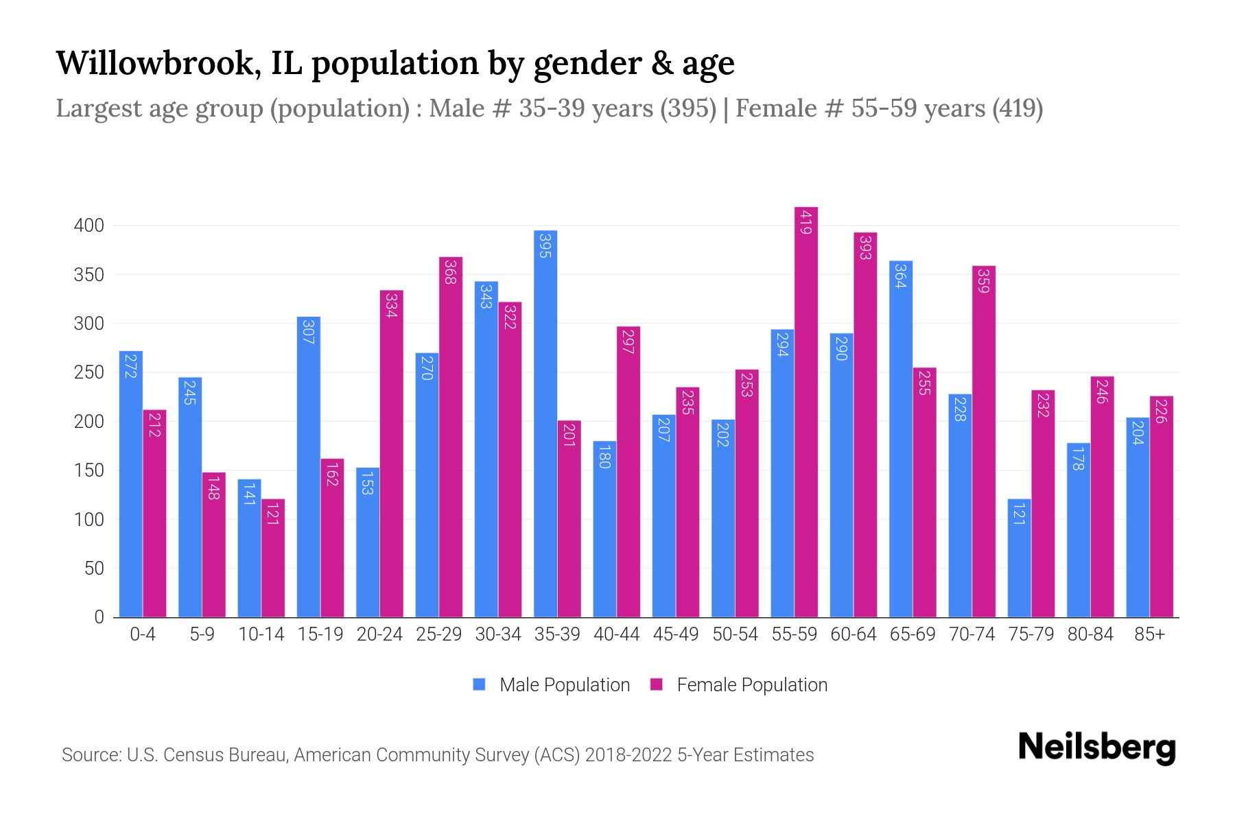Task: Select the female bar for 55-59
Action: pyautogui.click(x=806, y=412)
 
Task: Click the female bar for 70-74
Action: pyautogui.click(x=984, y=442)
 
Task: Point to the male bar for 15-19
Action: pyautogui.click(x=309, y=467)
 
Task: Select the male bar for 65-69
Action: pyautogui.click(x=901, y=439)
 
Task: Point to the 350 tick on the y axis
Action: pyautogui.click(x=89, y=275)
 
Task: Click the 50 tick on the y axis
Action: pyautogui.click(x=93, y=569)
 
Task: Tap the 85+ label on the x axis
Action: pyautogui.click(x=1149, y=634)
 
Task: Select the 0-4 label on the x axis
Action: pyautogui.click(x=143, y=634)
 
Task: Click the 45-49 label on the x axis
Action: pyautogui.click(x=676, y=634)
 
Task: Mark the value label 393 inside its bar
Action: pyautogui.click(x=865, y=247)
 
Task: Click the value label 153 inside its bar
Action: pyautogui.click(x=368, y=482)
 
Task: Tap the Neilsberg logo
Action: pyautogui.click(x=1096, y=748)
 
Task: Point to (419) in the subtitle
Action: pyautogui.click(x=1018, y=108)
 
